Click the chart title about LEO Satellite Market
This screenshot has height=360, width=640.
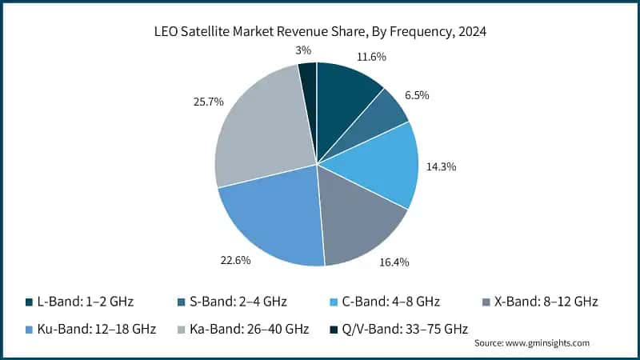[319, 32]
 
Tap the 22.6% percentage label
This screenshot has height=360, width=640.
[236, 261]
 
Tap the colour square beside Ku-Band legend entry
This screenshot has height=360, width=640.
[29, 328]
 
